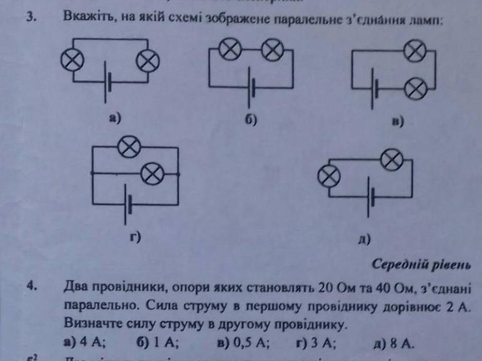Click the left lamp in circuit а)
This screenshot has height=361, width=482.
(x=70, y=60)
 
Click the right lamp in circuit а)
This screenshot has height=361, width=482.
(x=149, y=60)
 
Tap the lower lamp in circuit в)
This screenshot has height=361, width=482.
(x=413, y=89)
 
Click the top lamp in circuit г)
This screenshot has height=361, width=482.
(x=128, y=148)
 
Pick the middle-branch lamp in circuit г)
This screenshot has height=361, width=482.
(x=151, y=173)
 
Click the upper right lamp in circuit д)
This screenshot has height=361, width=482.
(x=392, y=161)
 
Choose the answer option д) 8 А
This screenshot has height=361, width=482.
(x=393, y=343)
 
